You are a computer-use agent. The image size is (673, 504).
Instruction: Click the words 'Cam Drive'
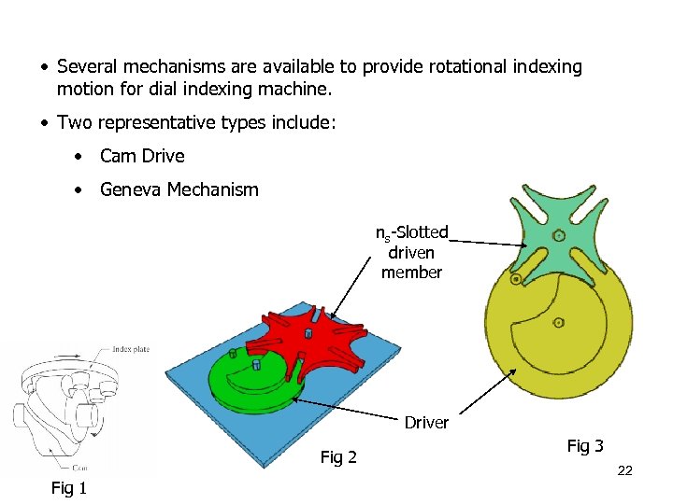coord(142,156)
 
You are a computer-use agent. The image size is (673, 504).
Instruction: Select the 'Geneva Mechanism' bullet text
coord(179,189)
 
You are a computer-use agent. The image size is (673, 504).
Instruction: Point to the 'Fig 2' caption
coord(338,456)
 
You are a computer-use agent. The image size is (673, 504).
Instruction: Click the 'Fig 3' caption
coord(585,446)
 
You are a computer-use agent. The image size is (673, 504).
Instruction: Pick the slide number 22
coord(625,471)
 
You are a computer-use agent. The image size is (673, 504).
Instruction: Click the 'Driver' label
coord(426,423)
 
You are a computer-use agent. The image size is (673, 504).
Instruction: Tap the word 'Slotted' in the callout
coord(420,232)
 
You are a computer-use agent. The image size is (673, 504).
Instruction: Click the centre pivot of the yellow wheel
coord(558,323)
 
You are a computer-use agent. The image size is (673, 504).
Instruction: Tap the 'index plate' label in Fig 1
coord(131,349)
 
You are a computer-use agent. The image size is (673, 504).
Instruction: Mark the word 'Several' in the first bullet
coord(89,67)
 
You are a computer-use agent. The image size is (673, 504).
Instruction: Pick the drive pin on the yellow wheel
coord(515,279)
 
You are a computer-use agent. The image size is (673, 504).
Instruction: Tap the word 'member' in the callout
coord(411,272)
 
